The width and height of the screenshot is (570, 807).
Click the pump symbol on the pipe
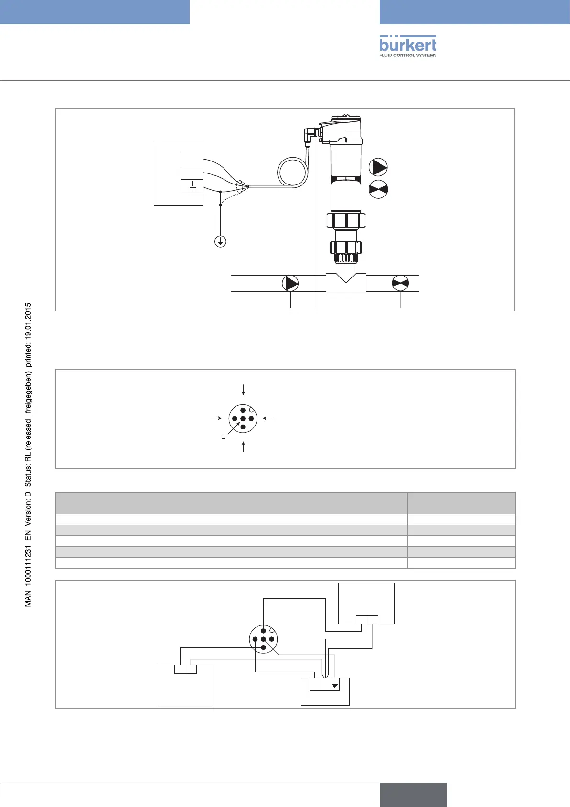(x=291, y=284)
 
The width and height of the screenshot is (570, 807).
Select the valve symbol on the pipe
(x=400, y=284)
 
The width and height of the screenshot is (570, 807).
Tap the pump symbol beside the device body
(x=378, y=167)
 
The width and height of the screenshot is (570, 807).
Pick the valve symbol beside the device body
(x=378, y=189)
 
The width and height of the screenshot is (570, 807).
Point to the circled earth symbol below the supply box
(x=220, y=242)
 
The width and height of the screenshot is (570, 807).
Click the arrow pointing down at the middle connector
(x=244, y=389)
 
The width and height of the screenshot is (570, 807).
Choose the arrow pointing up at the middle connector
(x=244, y=447)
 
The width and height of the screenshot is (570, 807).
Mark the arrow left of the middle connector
(x=216, y=418)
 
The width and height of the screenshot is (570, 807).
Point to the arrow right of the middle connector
(x=268, y=418)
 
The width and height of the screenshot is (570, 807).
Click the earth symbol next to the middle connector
(x=224, y=437)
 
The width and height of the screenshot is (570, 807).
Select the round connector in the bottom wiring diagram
(x=263, y=639)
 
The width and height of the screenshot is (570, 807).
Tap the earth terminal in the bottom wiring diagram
(x=335, y=685)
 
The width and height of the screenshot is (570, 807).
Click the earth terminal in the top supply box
(x=192, y=185)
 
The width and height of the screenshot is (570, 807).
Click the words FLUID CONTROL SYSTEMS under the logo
(x=408, y=55)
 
